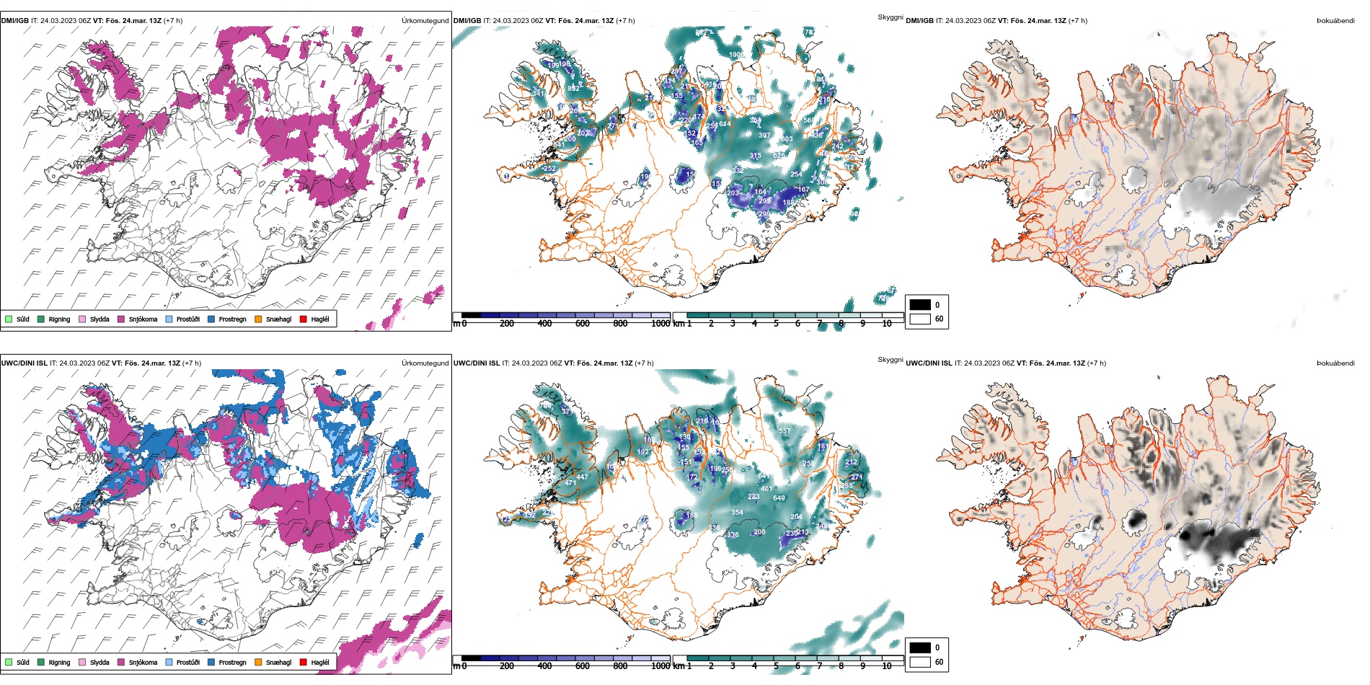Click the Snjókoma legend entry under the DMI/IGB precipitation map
(x=143, y=319)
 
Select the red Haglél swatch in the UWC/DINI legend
(x=303, y=662)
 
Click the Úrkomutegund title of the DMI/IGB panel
(x=425, y=21)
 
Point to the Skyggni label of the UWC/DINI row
(x=890, y=360)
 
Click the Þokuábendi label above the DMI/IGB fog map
(x=1335, y=21)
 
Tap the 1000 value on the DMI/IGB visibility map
(x=736, y=55)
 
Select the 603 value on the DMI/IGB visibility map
(x=786, y=139)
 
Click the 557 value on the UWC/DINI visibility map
(x=785, y=431)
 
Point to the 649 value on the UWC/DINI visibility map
(x=779, y=498)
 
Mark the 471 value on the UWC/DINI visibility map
(x=570, y=483)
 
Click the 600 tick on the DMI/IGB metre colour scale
(x=582, y=324)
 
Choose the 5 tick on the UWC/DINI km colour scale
(x=776, y=666)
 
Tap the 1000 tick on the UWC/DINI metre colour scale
(x=660, y=666)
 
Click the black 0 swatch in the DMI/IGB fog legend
(x=920, y=305)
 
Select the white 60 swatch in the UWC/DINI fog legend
(x=920, y=662)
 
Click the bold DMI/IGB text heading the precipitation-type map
(x=15, y=21)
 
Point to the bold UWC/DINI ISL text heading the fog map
(x=929, y=363)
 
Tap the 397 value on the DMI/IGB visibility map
(x=764, y=135)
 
